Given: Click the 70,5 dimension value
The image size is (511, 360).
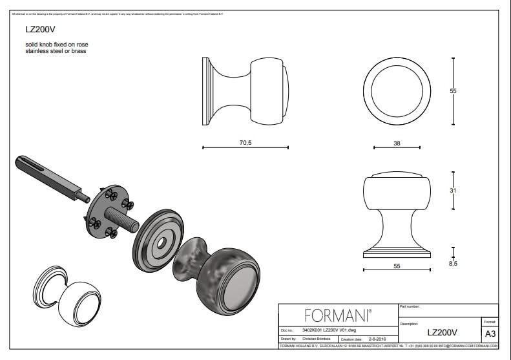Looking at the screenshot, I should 245,142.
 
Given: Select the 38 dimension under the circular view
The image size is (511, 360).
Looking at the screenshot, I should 396,143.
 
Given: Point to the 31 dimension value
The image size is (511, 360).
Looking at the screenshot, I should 453,191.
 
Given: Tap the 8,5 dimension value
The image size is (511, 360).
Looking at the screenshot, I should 453,264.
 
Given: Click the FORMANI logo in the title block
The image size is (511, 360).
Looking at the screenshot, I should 337,315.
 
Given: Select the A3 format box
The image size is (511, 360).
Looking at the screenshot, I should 490,334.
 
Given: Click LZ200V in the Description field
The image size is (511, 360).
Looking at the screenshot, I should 442,332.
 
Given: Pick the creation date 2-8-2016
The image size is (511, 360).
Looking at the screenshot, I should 378,339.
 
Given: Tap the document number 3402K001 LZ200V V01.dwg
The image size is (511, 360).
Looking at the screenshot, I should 329,330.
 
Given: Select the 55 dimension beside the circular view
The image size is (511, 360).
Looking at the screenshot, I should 453,91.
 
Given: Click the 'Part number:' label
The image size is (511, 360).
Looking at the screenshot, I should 411,306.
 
